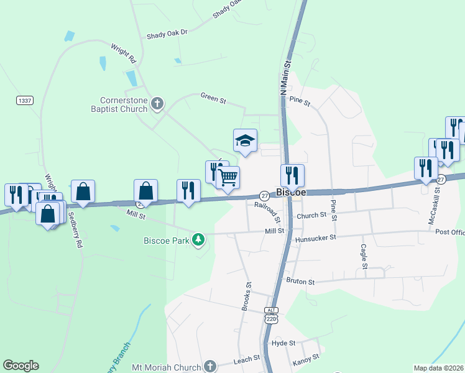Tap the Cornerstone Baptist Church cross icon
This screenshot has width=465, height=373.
click(157, 104)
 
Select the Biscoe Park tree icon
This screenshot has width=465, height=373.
click(198, 239)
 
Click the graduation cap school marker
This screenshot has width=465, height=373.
click(245, 141)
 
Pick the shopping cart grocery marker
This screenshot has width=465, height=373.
click(228, 178)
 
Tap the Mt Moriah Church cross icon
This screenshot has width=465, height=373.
click(209, 366)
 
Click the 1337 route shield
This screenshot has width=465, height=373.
click(25, 100)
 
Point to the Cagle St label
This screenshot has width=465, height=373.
click(363, 256)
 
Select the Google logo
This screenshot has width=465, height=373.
click(21, 366)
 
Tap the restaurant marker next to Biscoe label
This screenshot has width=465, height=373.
click(292, 176)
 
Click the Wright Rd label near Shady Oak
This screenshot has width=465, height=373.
click(124, 53)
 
